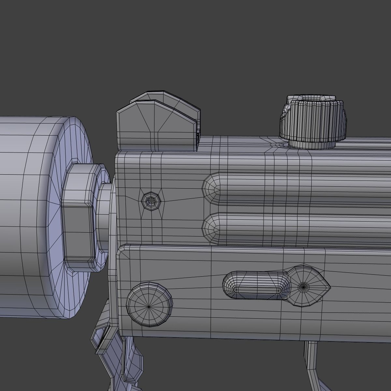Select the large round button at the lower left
(149, 305)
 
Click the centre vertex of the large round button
(149, 307)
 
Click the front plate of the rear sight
(156, 127)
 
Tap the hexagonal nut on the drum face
(78, 215)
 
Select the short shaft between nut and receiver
(104, 209)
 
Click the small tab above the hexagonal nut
(74, 161)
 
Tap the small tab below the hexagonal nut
(71, 270)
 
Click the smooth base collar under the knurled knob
(311, 144)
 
